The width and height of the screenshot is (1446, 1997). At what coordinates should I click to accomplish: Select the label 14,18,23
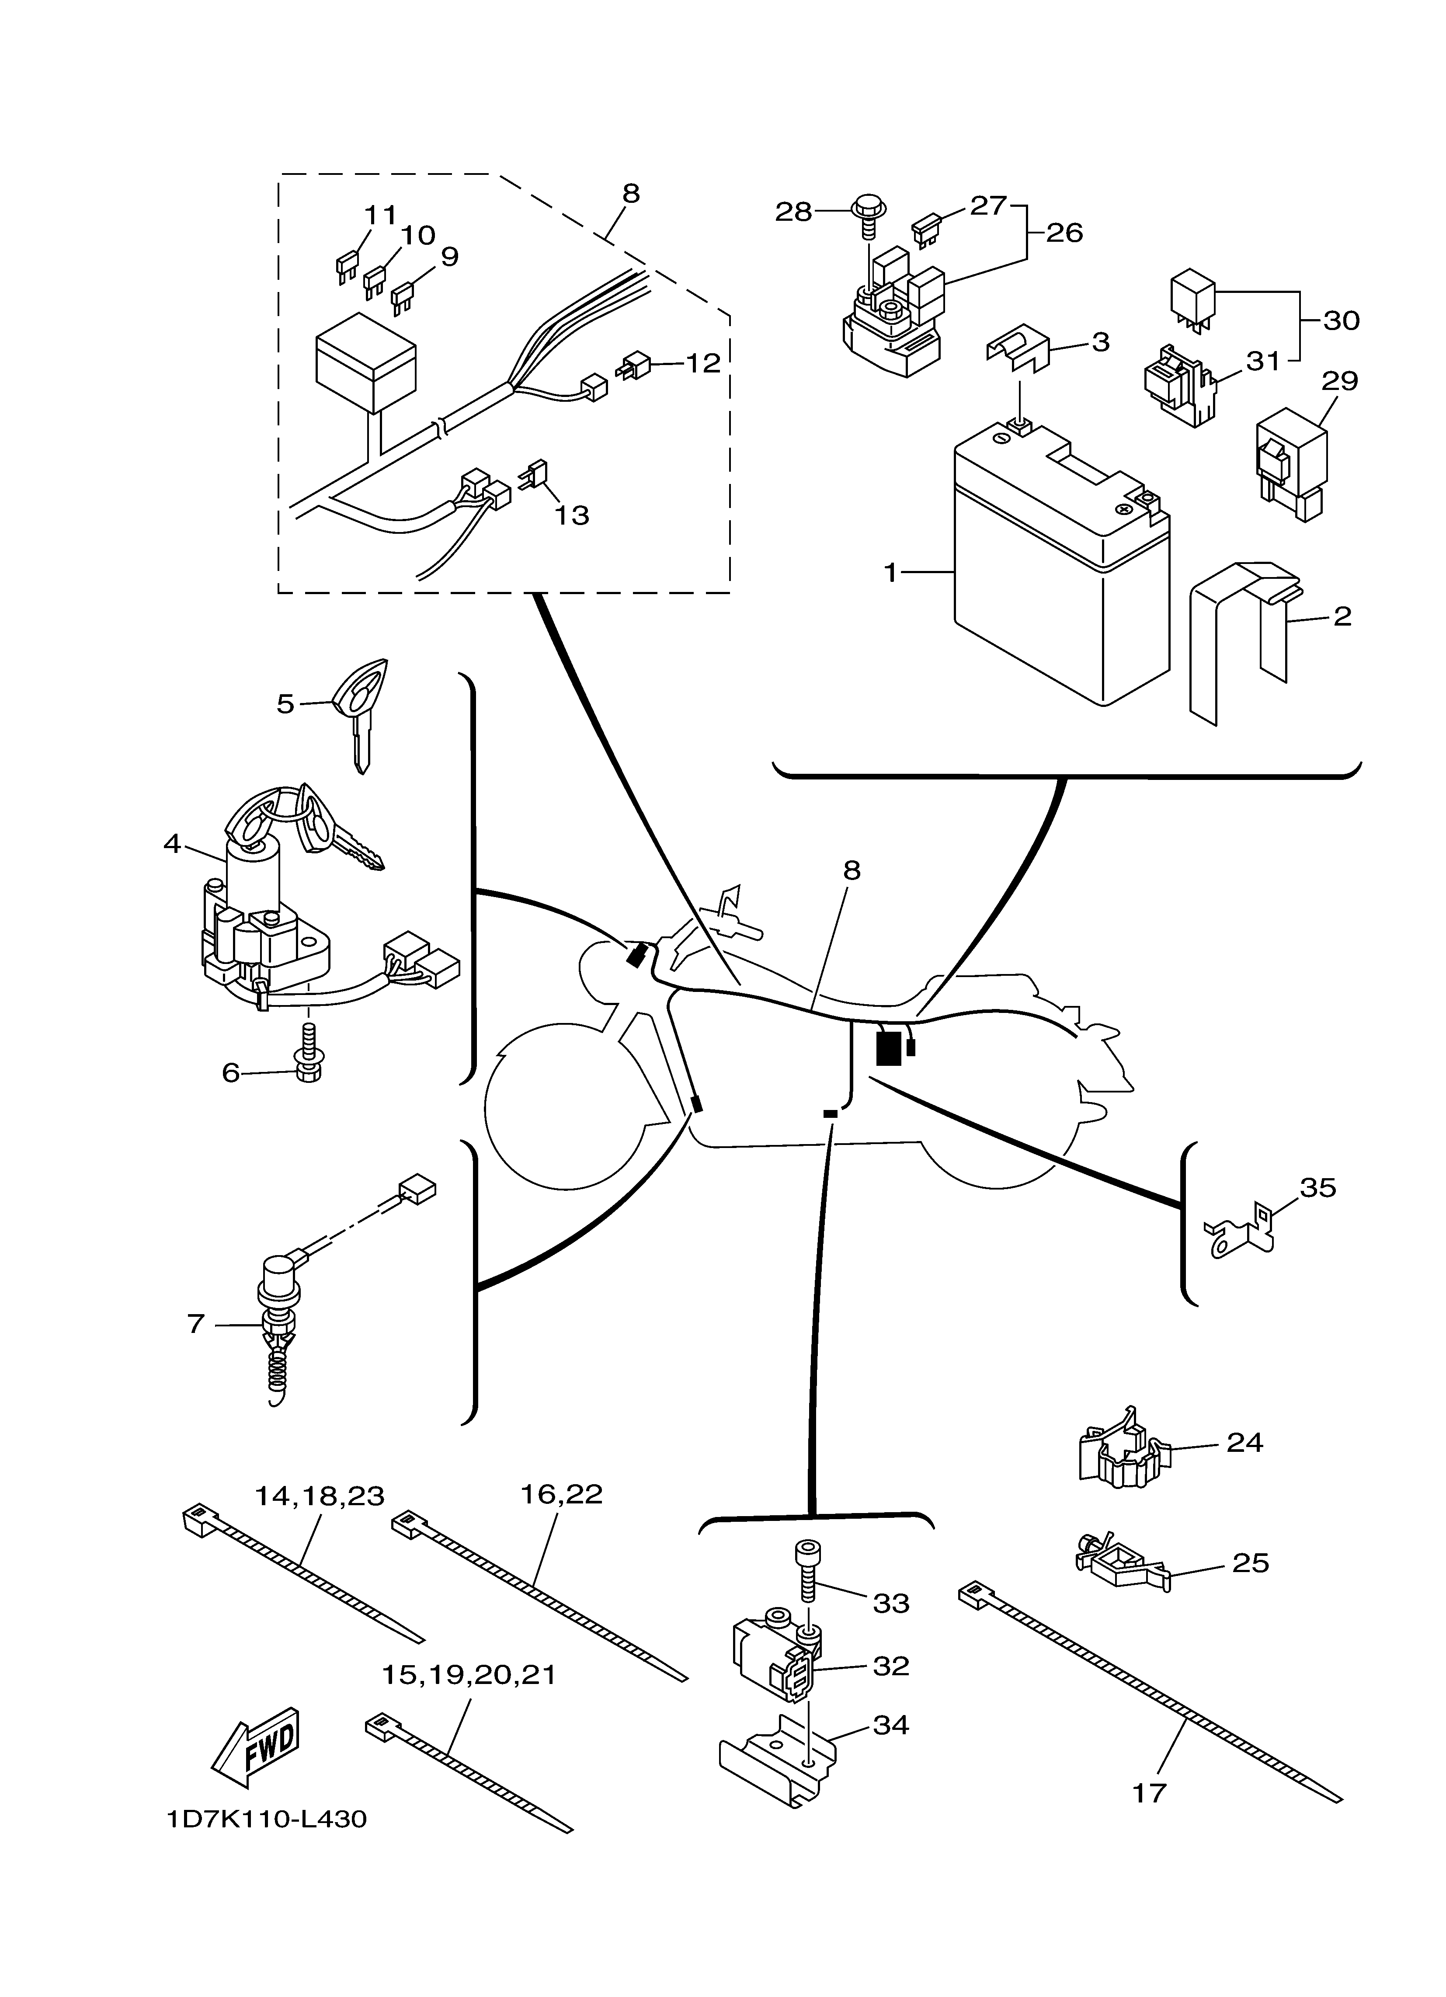coord(320,1495)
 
